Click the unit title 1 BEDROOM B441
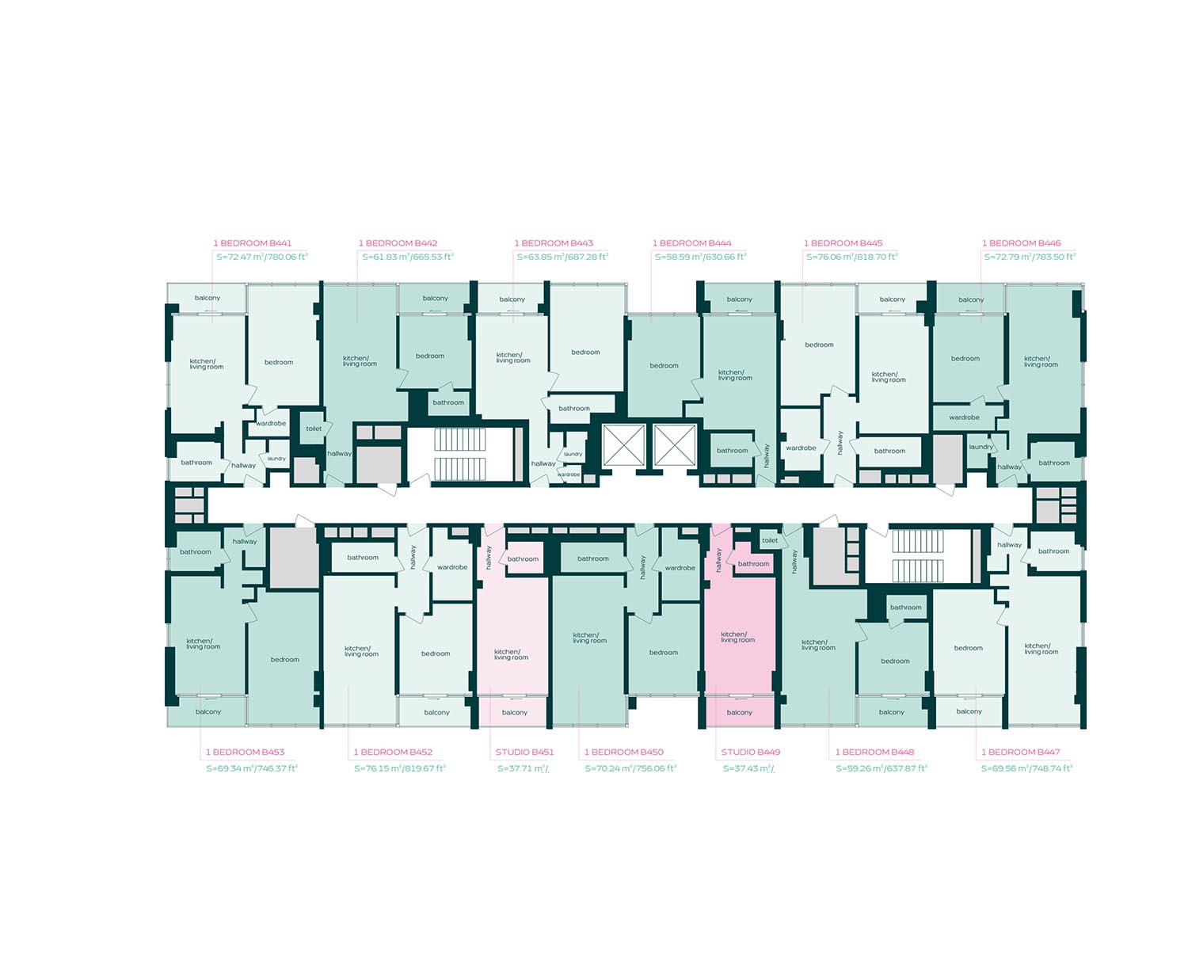click(252, 243)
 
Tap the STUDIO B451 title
click(524, 752)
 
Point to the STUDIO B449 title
click(750, 752)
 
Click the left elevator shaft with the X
click(624, 444)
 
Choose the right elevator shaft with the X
click(675, 444)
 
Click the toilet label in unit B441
click(314, 429)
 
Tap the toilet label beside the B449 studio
click(770, 540)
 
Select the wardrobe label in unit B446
click(965, 417)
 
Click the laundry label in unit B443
click(573, 454)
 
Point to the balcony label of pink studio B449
click(740, 712)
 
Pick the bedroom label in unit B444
click(664, 365)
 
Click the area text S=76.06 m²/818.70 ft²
click(851, 257)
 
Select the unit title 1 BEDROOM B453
click(245, 752)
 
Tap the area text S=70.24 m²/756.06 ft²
click(630, 768)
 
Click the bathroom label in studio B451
click(523, 559)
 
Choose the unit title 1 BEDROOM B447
click(1021, 752)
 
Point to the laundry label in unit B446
click(981, 447)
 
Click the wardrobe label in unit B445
click(801, 448)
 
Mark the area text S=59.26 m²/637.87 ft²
click(881, 768)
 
